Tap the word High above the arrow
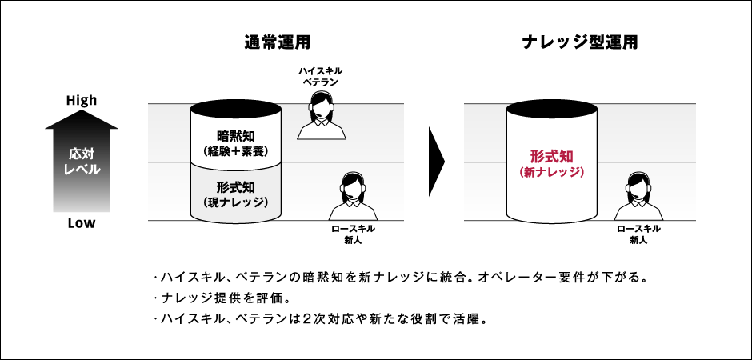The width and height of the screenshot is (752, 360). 82,101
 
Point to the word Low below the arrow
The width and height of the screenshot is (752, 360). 82,223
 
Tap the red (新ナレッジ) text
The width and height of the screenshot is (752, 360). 552,172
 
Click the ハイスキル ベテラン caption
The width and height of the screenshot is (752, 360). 321,75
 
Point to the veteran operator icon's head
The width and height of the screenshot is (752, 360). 322,105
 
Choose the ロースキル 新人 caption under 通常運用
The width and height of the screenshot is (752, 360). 353,234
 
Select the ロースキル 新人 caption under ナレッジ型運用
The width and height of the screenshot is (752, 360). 638,234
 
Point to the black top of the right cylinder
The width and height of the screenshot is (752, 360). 552,110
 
